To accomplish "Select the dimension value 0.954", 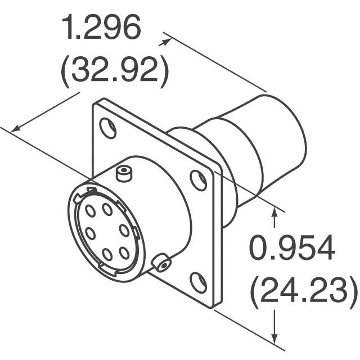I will point(292,249).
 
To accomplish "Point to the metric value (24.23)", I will point(303,291).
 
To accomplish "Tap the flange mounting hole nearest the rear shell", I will point(198,181).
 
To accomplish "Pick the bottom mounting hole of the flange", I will point(197,282).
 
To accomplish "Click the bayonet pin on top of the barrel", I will point(124,173).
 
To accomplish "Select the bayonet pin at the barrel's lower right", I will point(163,263).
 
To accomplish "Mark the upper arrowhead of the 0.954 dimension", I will point(276,211).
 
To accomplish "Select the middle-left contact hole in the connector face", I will point(88,233).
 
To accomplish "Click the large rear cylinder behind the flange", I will point(276,141).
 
